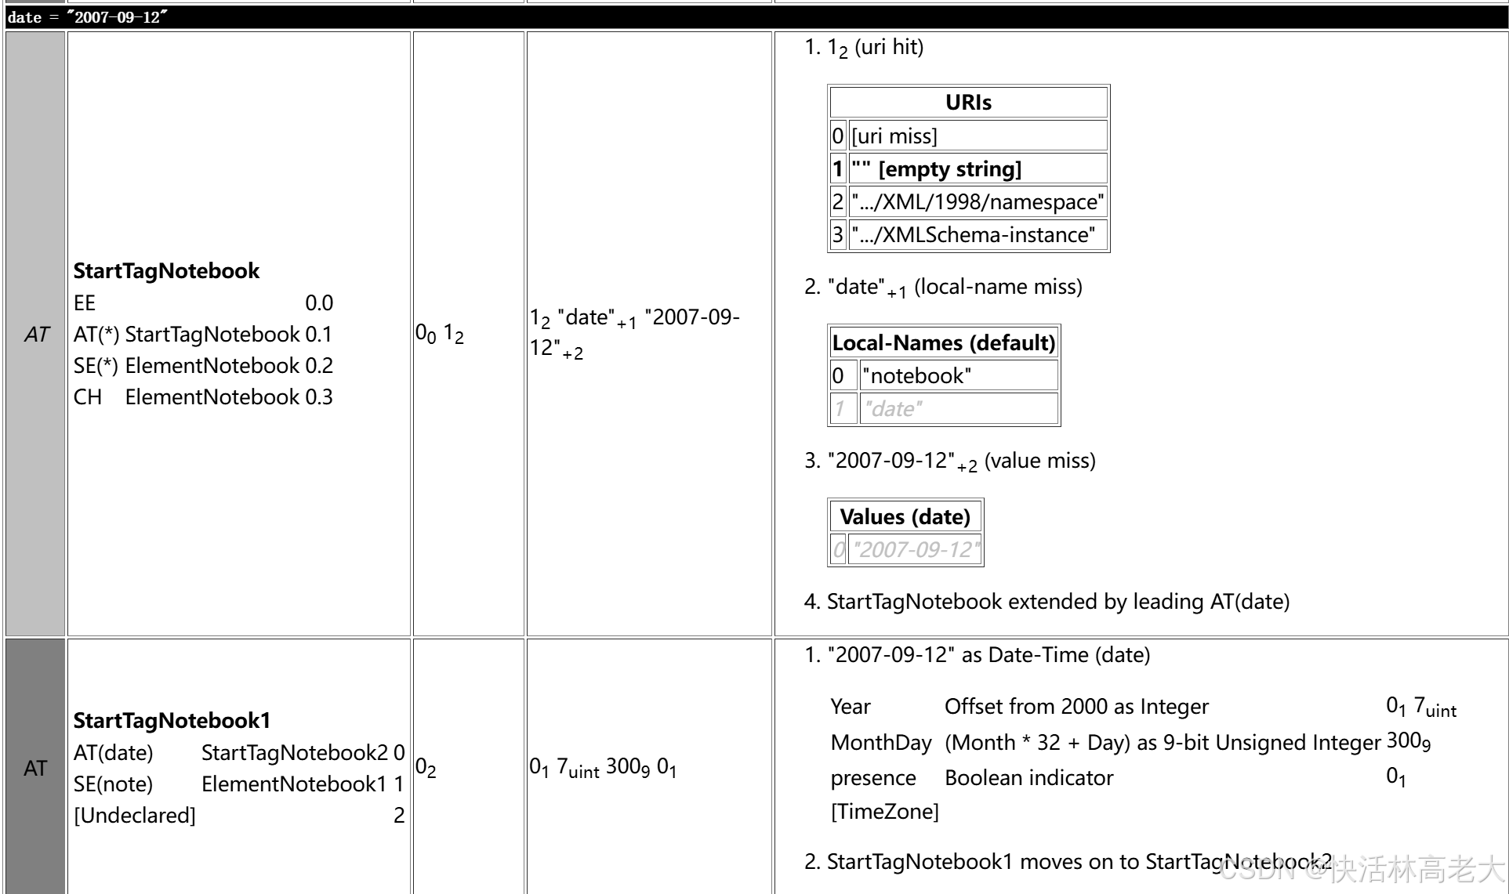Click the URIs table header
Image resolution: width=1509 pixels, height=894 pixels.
(968, 103)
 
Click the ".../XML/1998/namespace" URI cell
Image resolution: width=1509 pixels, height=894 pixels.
(978, 202)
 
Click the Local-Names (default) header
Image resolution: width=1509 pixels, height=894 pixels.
(943, 343)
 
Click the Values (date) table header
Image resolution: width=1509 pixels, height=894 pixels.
(905, 517)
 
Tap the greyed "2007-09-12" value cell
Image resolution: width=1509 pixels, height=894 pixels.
(916, 550)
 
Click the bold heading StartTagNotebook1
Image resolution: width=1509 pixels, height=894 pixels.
(172, 721)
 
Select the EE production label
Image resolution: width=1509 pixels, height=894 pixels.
(85, 303)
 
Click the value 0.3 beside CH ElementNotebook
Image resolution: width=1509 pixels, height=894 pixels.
(319, 397)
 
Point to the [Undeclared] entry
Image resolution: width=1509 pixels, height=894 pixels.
(135, 816)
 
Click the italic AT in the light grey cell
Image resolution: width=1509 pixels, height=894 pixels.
(36, 335)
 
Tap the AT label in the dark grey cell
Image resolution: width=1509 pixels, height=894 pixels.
(35, 769)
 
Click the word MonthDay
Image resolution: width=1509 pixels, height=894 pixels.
(881, 743)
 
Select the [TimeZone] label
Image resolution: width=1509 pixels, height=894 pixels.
(884, 812)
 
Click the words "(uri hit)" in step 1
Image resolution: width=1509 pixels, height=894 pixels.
(889, 48)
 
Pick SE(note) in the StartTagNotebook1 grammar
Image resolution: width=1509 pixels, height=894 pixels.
(114, 784)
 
